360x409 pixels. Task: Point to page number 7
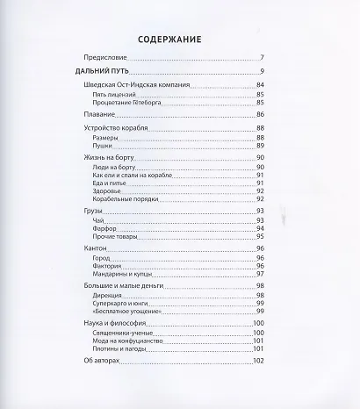262,58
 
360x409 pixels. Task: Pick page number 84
260,85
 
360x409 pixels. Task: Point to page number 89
260,146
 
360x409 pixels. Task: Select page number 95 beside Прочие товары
260,236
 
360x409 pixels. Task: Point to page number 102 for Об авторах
258,362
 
